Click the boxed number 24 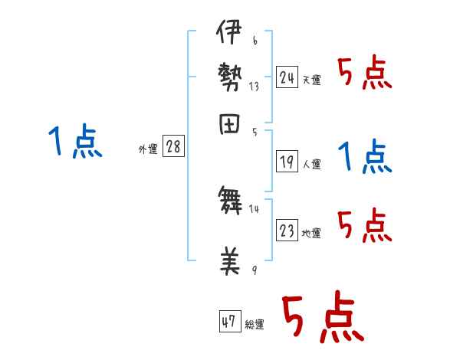tap(287, 77)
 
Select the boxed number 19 tap(287, 161)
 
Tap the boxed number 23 tap(287, 231)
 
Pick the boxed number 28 tap(173, 147)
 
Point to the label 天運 tap(311, 80)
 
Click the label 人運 tap(312, 164)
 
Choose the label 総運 tap(255, 325)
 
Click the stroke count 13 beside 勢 tap(254, 87)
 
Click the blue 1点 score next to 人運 tap(365, 157)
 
